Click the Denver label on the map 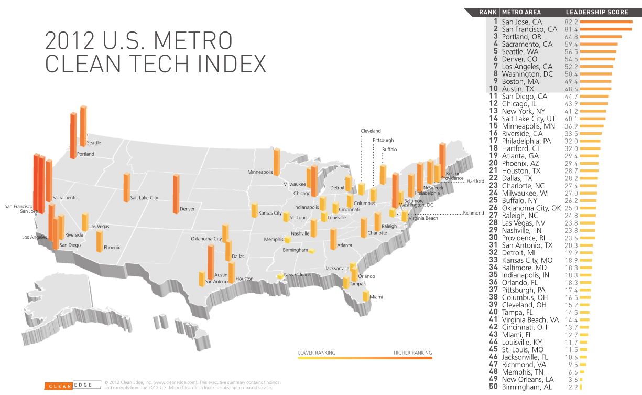pos(187,209)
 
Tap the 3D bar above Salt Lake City pos(126,187)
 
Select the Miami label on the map pos(376,297)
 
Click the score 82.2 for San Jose pos(571,22)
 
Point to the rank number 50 pos(493,387)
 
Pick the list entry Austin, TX pos(518,89)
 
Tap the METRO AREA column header pos(521,12)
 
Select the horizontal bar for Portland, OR pos(601,37)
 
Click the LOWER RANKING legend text pos(317,353)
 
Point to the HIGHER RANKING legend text pos(412,353)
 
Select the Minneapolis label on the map pos(260,172)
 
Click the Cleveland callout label pos(371,131)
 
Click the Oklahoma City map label pos(206,239)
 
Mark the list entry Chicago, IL pos(519,104)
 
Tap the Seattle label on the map pos(94,143)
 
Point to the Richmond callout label pos(473,213)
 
